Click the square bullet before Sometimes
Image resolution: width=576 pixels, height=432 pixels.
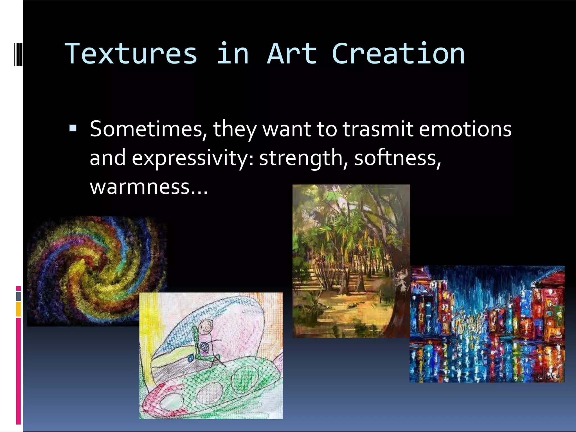pos(73,129)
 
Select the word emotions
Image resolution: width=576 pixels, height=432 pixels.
pos(465,129)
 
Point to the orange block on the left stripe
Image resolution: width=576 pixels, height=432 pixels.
pos(19,309)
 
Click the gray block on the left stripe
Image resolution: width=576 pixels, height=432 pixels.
pos(19,296)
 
